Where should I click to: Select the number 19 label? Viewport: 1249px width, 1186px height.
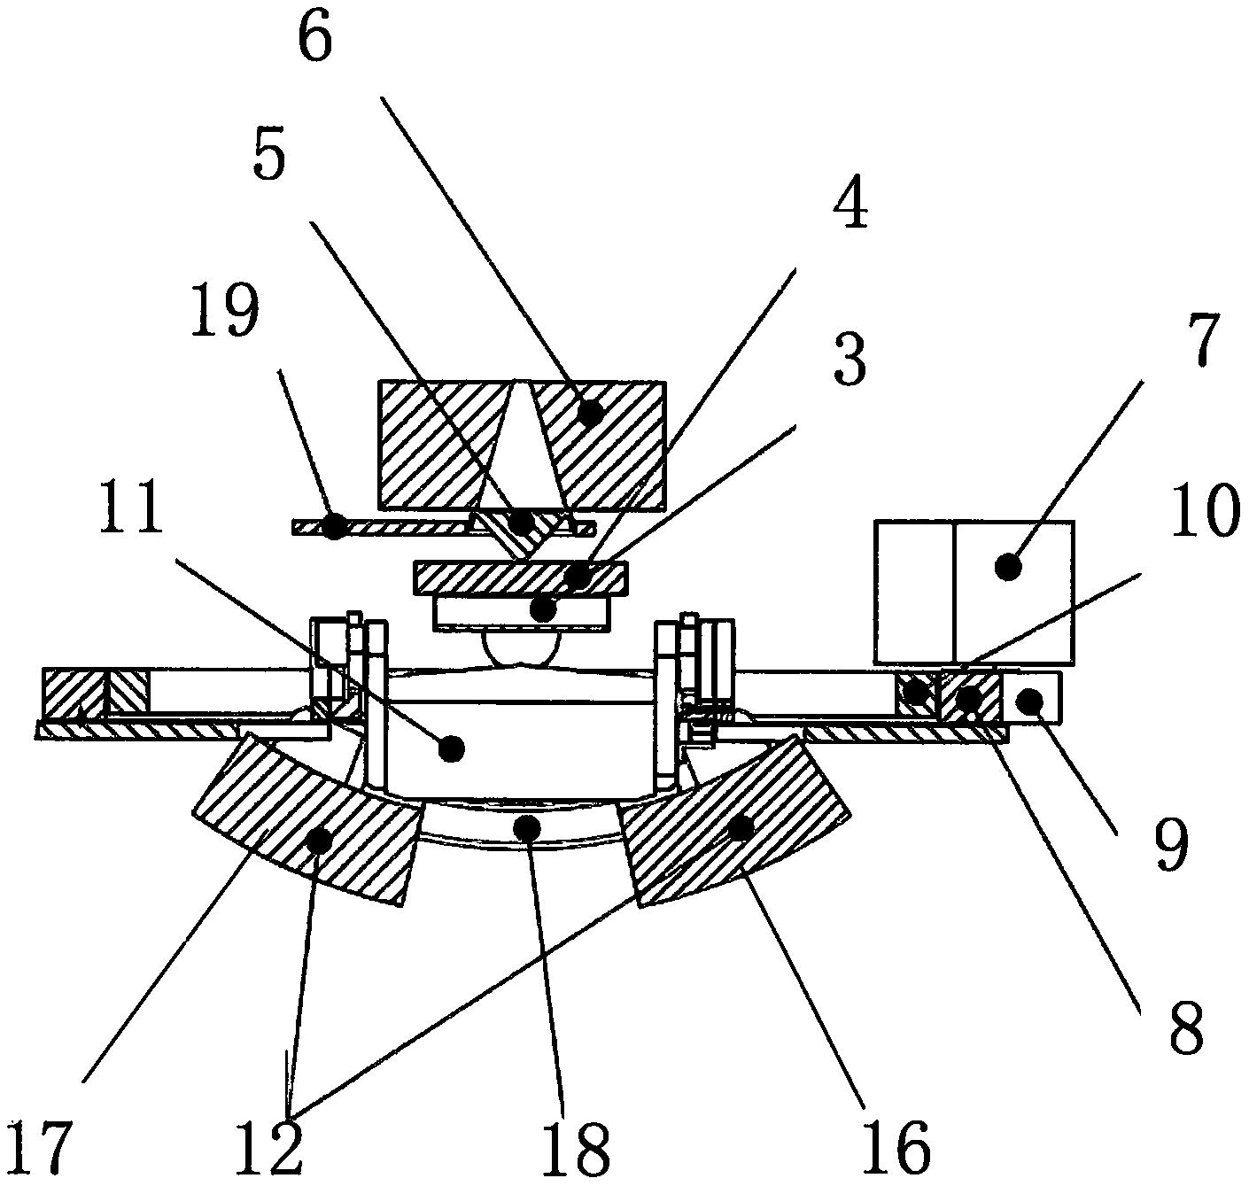click(x=225, y=311)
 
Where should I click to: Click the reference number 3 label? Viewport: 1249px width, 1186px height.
click(x=849, y=361)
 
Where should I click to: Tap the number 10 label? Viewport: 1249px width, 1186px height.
click(x=1206, y=510)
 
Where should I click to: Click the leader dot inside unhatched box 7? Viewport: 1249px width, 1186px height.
click(x=1006, y=567)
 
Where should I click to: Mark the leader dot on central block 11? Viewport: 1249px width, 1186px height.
click(x=452, y=749)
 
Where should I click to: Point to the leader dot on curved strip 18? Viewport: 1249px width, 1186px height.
click(x=528, y=827)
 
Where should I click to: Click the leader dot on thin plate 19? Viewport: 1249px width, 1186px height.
click(x=335, y=527)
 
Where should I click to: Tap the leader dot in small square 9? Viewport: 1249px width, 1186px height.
click(x=1030, y=701)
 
